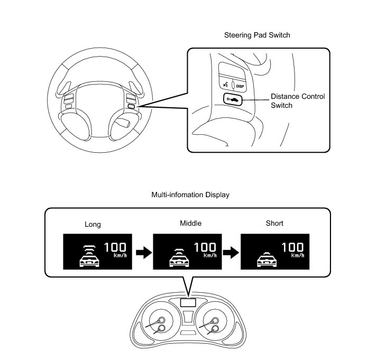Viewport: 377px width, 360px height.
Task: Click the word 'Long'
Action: (x=93, y=224)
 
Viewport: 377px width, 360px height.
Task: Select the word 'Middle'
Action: (x=182, y=223)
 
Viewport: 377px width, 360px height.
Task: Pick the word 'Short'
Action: (x=274, y=223)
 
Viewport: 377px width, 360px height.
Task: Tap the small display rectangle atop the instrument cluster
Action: (x=188, y=302)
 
